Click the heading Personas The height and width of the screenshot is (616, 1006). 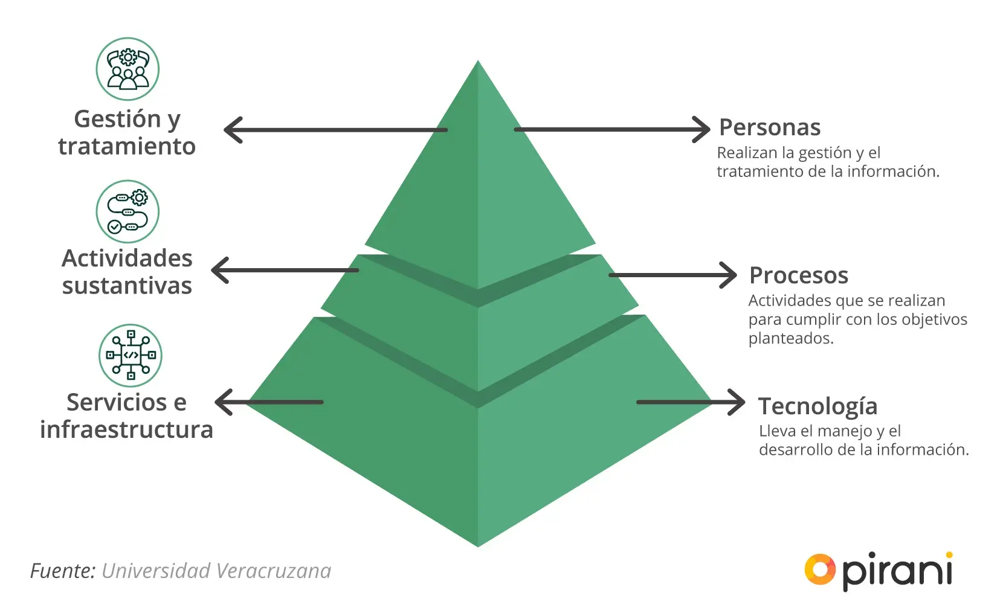pos(769,127)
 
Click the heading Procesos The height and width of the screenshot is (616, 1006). pos(798,275)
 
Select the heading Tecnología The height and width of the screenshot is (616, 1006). pos(817,406)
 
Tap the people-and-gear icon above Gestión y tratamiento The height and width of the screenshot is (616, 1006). pos(127,69)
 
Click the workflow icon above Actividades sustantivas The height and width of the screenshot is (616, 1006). pos(127,211)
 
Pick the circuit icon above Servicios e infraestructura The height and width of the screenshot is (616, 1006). pos(131,355)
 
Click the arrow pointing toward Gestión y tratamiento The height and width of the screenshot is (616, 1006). pos(335,130)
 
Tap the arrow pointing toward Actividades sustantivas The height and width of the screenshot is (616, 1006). pos(285,270)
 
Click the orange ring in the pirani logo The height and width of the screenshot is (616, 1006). pos(819,569)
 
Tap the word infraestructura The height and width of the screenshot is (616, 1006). pos(126,430)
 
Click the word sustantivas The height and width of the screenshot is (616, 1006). pos(127,286)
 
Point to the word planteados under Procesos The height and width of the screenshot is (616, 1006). pos(791,338)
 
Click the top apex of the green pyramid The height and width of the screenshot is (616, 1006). pos(478,63)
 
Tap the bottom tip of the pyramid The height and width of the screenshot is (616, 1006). pos(478,545)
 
